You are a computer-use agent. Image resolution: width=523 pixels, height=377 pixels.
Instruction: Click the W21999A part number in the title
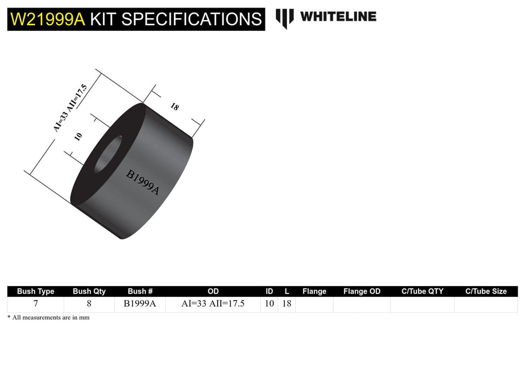point(47,19)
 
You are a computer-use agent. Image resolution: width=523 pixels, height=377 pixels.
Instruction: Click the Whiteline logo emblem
point(284,18)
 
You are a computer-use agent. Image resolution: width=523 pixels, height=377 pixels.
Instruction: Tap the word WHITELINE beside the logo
point(338,17)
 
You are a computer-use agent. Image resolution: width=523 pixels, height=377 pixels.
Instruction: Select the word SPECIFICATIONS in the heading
point(191,19)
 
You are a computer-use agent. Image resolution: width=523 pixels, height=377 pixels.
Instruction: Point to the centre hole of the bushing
point(108,154)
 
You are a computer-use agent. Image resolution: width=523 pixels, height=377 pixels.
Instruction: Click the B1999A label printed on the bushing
point(143,183)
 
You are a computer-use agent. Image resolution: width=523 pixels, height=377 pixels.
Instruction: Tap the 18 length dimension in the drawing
point(175,106)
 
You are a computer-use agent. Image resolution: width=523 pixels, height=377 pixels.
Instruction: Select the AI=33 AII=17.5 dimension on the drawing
point(78,102)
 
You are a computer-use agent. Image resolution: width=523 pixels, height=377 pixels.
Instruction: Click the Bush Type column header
point(36,291)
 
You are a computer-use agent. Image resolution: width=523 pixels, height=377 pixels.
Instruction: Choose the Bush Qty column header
point(89,291)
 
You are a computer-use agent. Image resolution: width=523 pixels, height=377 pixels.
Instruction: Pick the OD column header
point(213,291)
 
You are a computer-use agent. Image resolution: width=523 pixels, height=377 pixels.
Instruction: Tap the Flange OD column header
point(362,291)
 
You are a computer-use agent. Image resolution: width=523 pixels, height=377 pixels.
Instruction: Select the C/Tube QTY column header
point(422,291)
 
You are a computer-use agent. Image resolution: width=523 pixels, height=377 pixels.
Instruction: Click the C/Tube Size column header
point(486,291)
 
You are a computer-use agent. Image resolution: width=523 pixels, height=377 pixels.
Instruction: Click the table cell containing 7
point(36,304)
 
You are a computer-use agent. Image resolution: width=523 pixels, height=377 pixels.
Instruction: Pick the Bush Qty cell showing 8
point(89,304)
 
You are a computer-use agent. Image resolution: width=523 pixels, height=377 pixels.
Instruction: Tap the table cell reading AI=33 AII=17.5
point(213,304)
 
